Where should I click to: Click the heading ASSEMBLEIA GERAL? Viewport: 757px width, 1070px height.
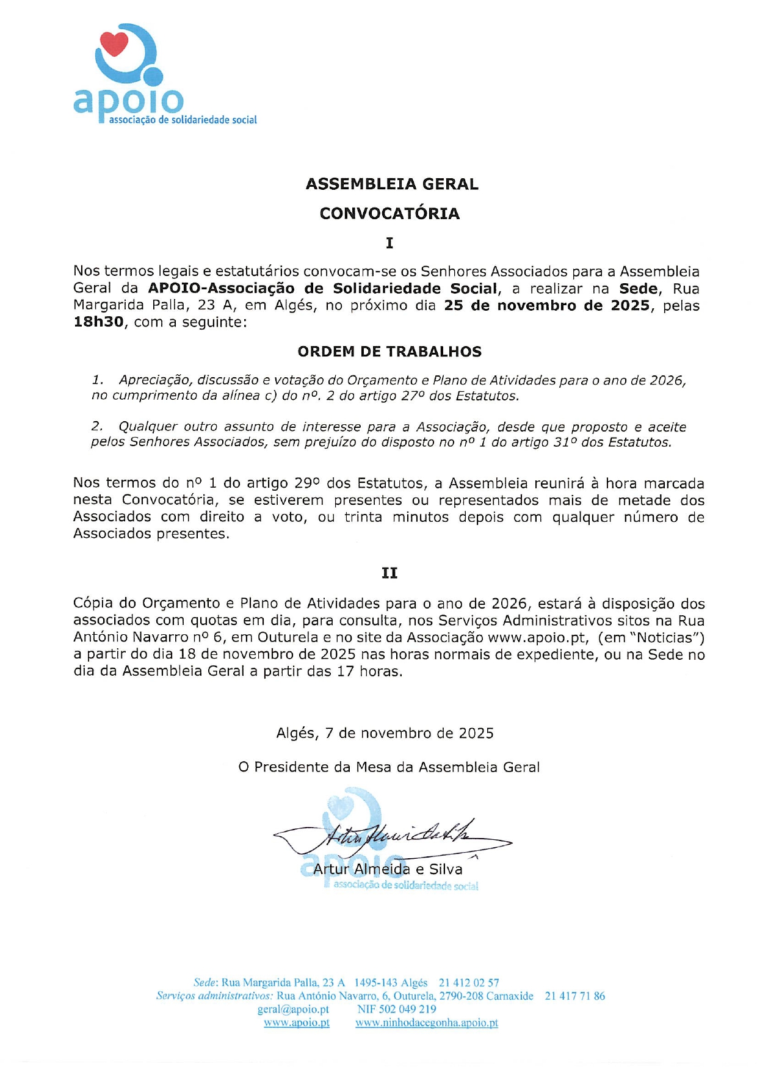(392, 184)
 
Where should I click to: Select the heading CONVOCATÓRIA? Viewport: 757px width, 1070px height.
(389, 214)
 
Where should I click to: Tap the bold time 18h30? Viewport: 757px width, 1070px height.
(98, 322)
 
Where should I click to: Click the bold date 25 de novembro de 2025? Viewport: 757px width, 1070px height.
(546, 305)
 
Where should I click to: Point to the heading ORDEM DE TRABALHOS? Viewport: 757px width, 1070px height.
(389, 352)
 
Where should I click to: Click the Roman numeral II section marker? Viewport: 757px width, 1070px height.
(389, 573)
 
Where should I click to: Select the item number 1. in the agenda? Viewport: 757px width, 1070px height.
(98, 380)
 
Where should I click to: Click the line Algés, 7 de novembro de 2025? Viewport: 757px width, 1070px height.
(385, 733)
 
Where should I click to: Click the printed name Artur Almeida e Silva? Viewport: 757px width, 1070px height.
(388, 869)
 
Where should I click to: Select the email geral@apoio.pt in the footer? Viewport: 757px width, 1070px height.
(293, 1010)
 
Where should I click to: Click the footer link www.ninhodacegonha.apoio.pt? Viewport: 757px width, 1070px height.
(427, 1023)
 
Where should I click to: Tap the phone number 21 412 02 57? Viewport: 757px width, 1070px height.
(469, 983)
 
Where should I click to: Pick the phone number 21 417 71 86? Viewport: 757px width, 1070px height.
(574, 996)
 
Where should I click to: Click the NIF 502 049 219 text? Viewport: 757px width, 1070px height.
(397, 1010)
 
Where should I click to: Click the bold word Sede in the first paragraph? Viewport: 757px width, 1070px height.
(639, 289)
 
